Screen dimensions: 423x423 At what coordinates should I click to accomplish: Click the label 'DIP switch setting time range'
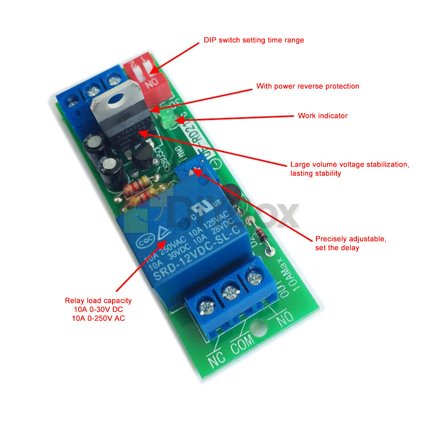tap(254, 40)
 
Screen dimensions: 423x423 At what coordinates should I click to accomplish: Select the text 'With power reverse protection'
tap(308, 86)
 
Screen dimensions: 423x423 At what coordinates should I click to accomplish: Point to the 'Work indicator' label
tap(322, 115)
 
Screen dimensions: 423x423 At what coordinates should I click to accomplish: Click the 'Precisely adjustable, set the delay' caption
tap(350, 243)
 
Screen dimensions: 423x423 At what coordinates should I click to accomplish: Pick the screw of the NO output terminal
tap(253, 278)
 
